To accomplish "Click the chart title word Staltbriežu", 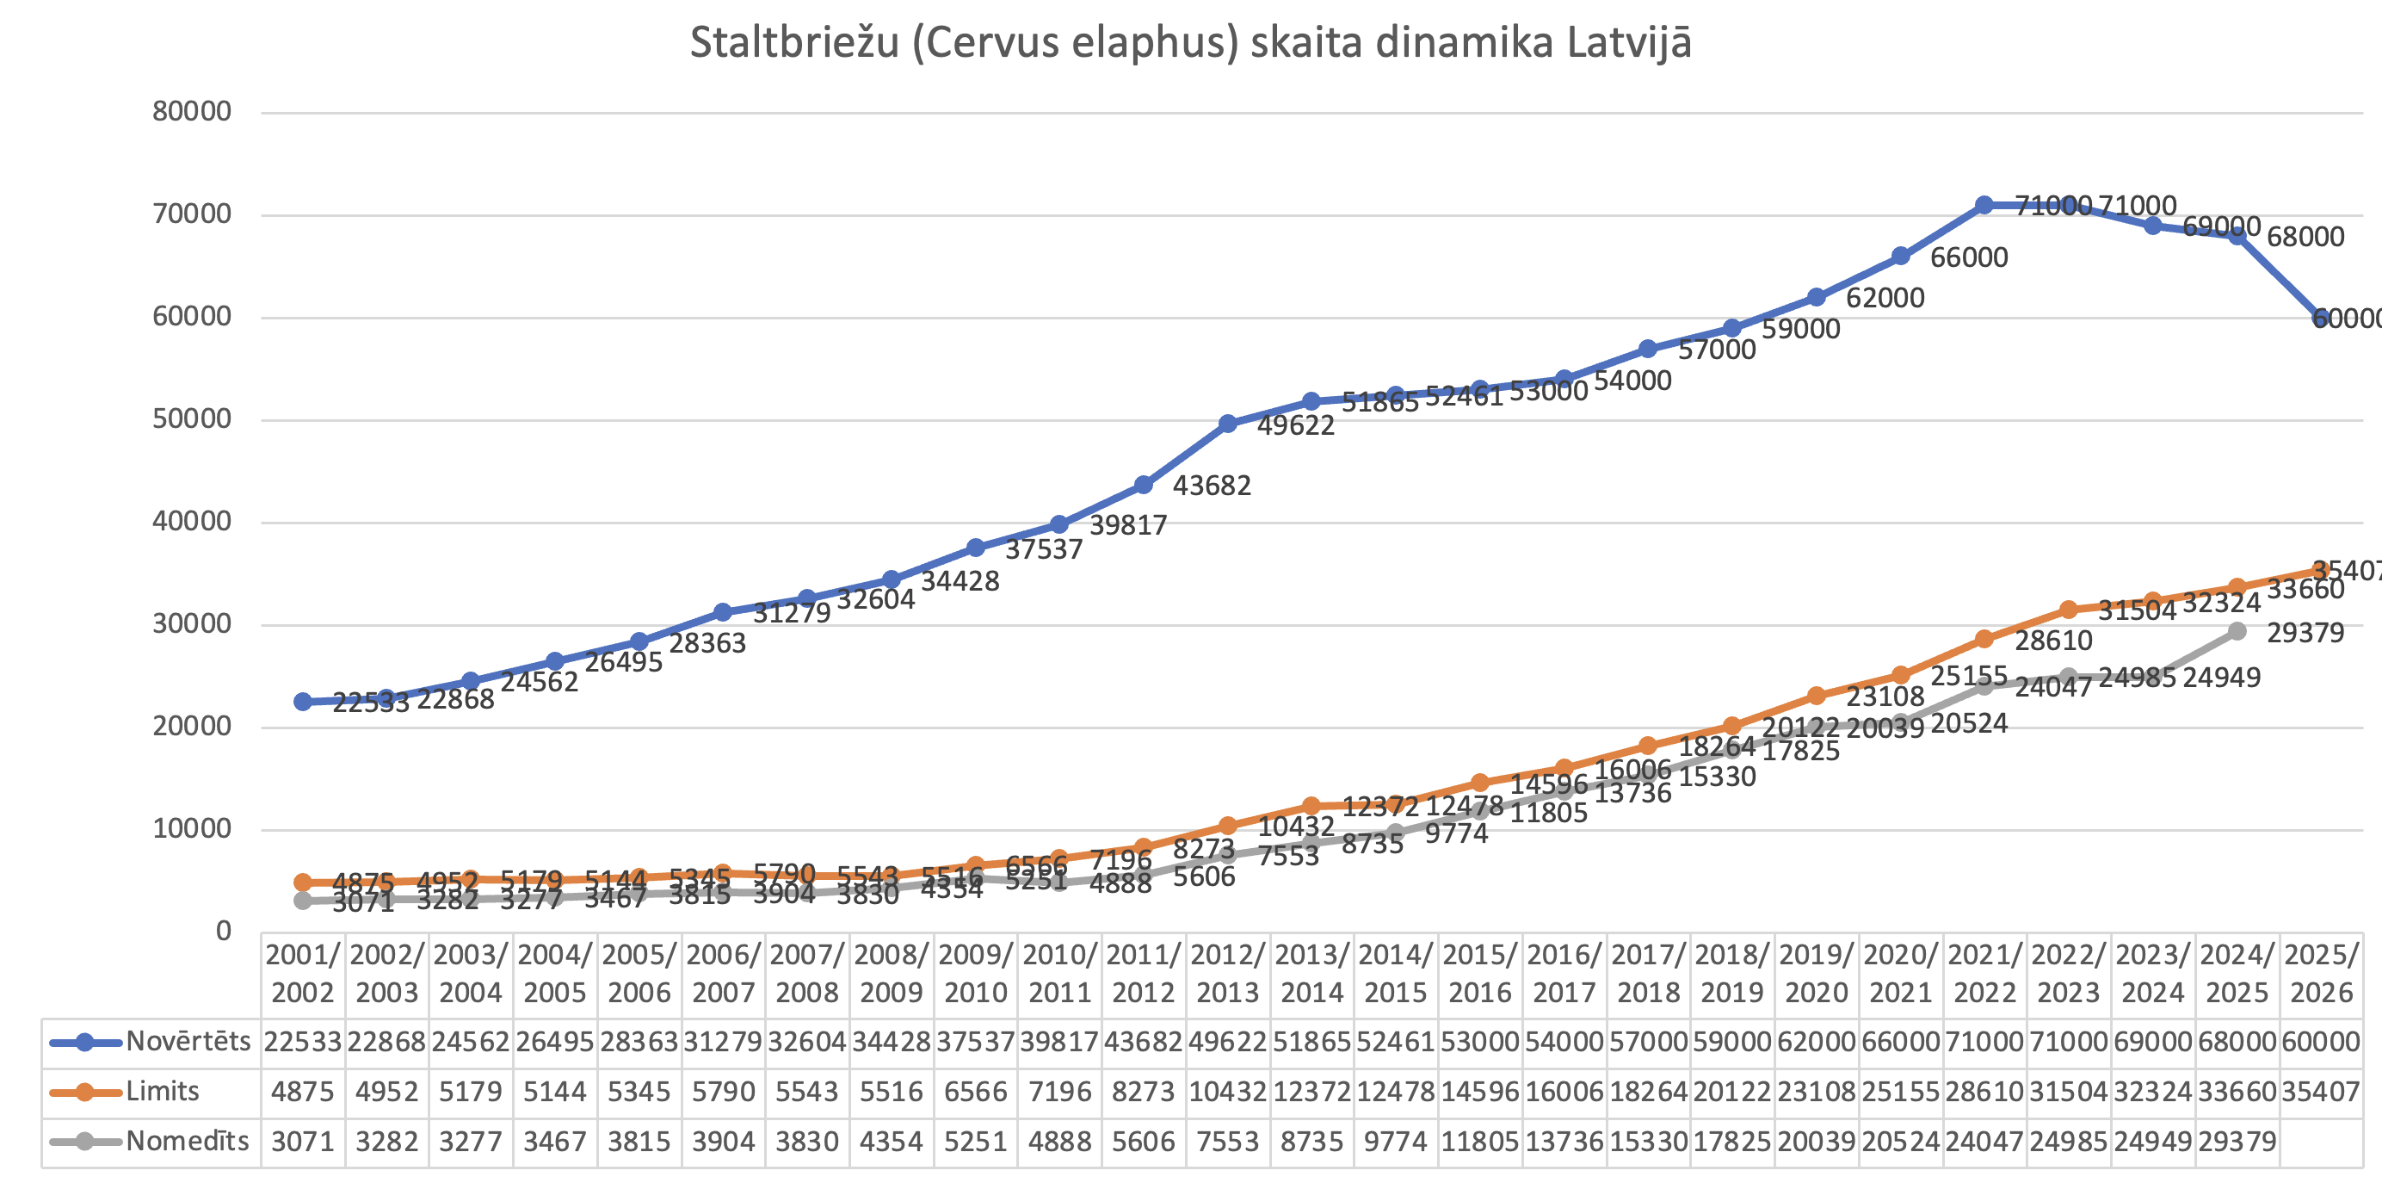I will [794, 43].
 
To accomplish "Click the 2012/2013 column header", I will [1227, 973].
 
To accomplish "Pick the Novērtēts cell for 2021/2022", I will [1984, 1042].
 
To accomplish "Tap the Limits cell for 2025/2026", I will [2321, 1092].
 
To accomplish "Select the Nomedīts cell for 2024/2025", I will [2237, 1142].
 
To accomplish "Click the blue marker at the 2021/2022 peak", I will [1984, 205].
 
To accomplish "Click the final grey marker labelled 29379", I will [2237, 631].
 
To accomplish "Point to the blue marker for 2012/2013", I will [1227, 424].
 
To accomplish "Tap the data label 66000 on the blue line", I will [1969, 257].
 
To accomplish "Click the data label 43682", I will [1212, 486].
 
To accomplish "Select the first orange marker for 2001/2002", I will [302, 883].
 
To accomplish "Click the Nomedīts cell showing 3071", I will [302, 1142].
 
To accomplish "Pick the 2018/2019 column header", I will [1732, 973].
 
